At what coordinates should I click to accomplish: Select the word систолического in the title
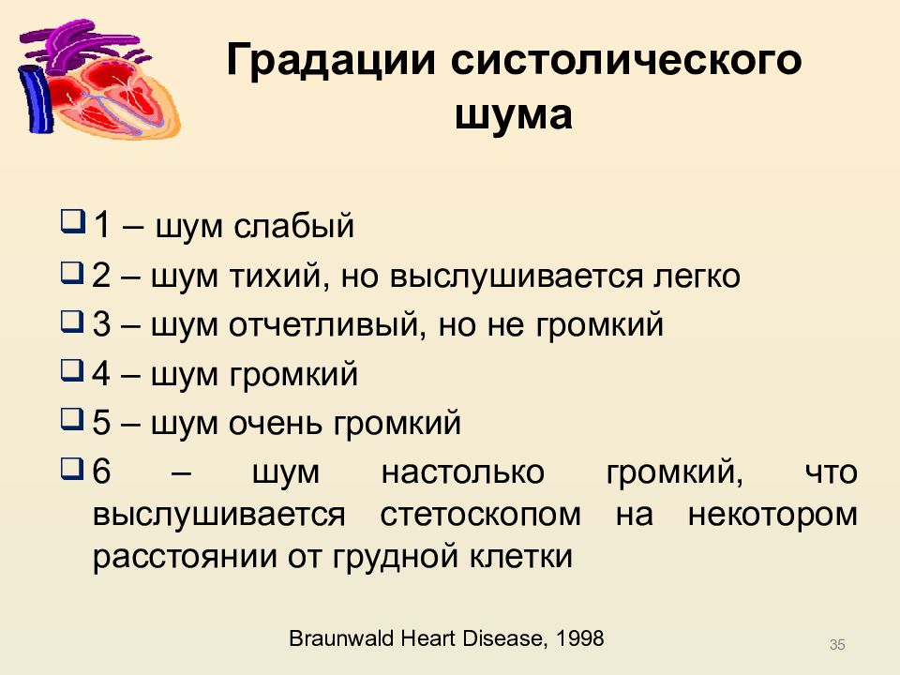click(x=628, y=63)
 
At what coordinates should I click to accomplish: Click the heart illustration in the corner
click(x=98, y=80)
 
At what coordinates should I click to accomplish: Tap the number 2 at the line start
click(x=101, y=277)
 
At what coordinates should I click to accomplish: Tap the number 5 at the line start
click(x=101, y=424)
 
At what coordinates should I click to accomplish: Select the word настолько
click(x=463, y=472)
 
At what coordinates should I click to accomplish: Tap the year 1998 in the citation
click(x=579, y=639)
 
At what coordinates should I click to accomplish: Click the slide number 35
click(x=837, y=644)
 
